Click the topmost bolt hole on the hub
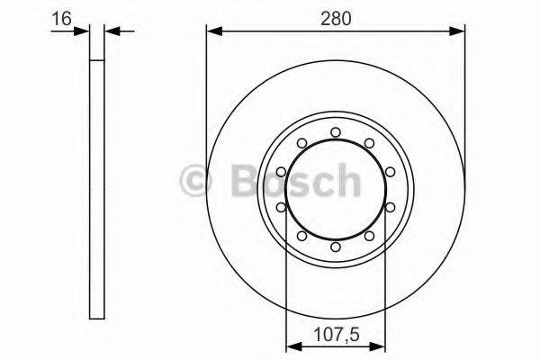tap(336, 132)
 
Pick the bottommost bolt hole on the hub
tap(336, 247)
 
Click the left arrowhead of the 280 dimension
tap(212, 31)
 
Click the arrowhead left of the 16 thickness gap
tap(85, 31)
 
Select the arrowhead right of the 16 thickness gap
tap(112, 31)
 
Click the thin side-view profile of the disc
tap(98, 189)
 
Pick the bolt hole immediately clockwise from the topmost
tap(369, 142)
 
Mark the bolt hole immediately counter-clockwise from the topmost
tap(301, 142)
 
